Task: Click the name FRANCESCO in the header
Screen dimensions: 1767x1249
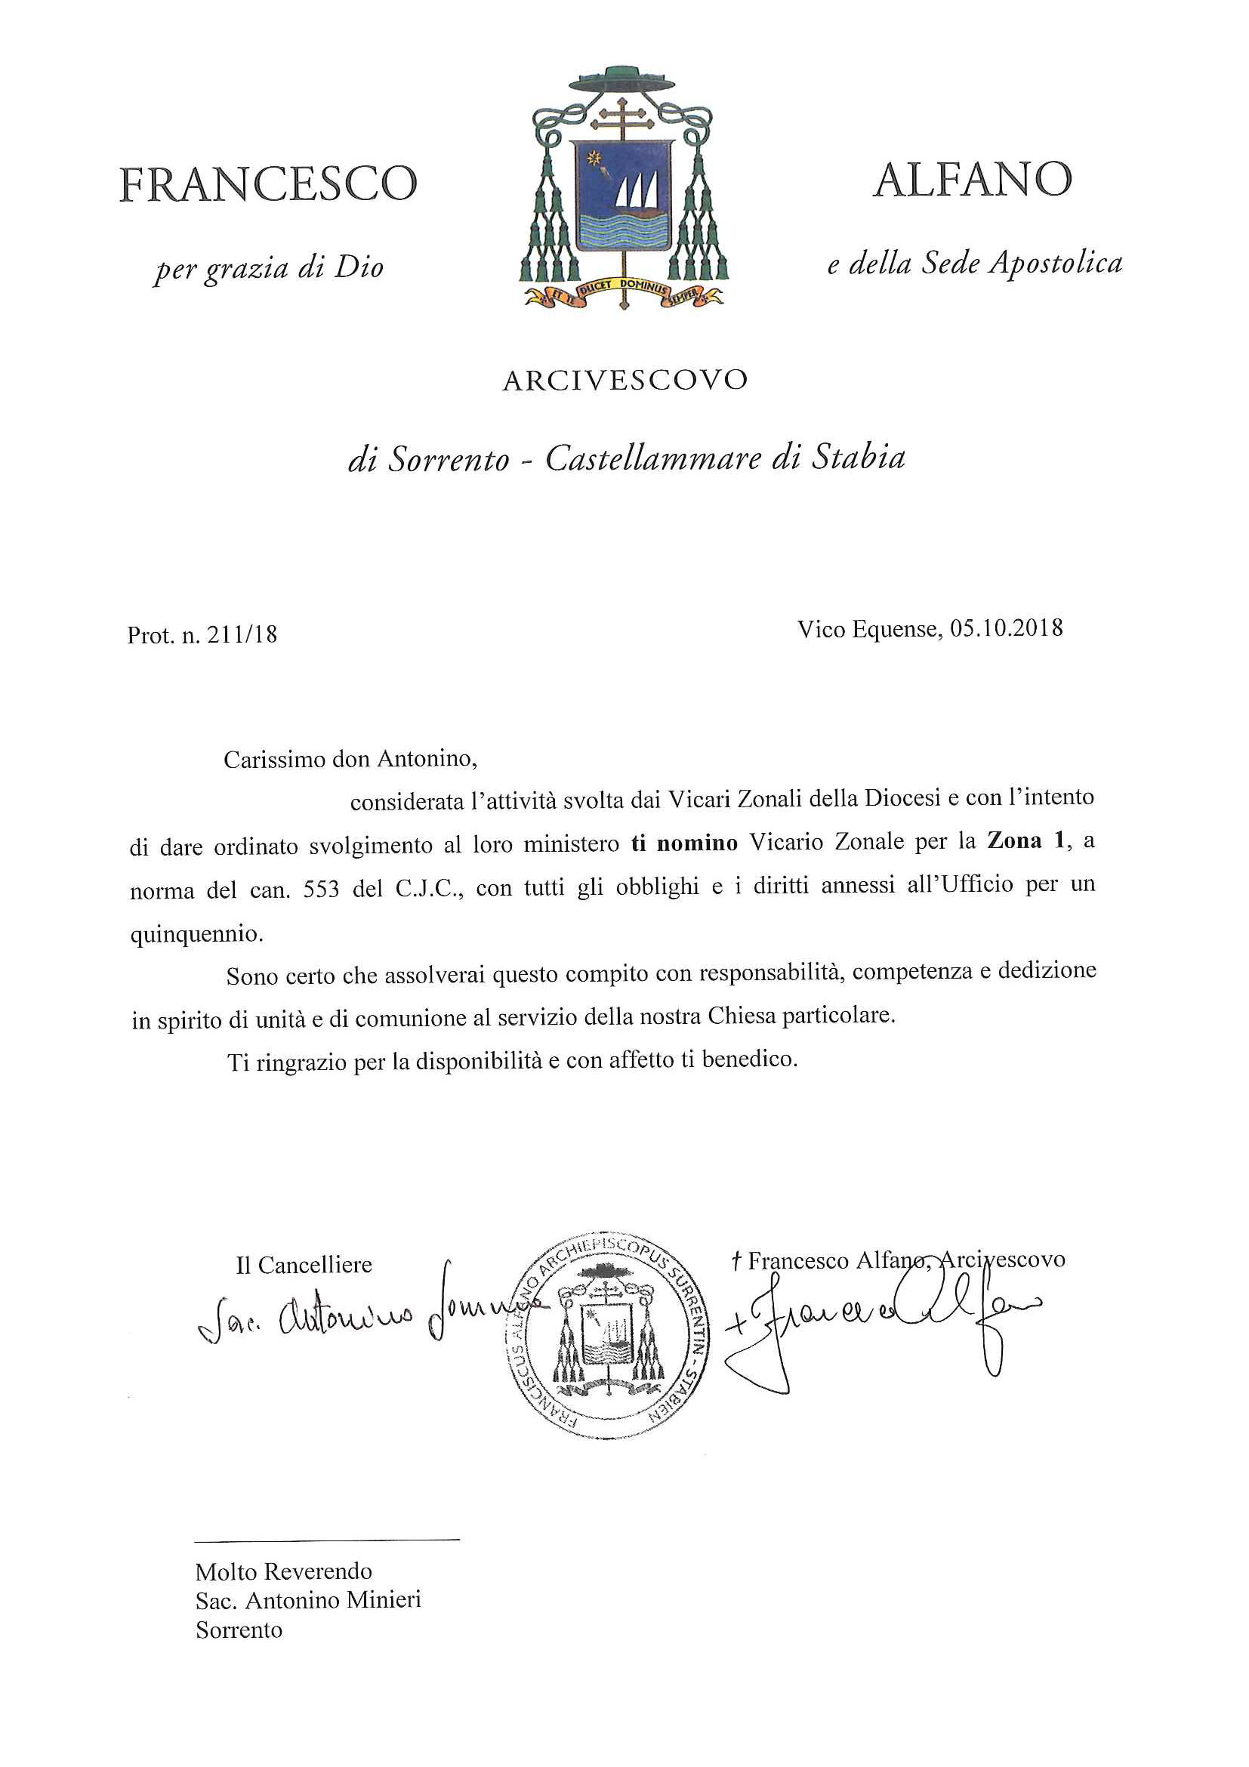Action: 268,185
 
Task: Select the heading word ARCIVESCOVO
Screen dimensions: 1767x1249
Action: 624,381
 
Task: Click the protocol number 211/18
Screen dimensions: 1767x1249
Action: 242,635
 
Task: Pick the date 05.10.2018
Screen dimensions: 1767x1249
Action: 1007,629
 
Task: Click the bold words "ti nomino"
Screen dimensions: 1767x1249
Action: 684,843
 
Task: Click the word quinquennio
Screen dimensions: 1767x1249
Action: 196,934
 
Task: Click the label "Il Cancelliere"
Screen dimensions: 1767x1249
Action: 304,1264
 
